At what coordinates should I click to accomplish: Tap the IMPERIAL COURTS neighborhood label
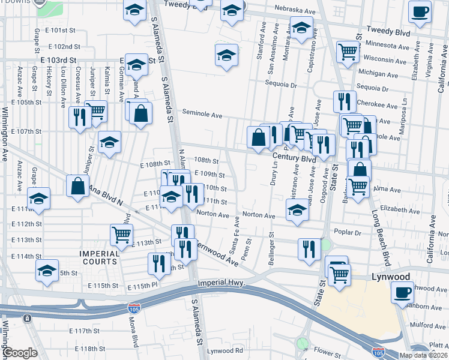[x=100, y=257]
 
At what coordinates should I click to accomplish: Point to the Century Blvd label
[x=294, y=159]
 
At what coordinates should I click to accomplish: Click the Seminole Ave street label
[x=203, y=115]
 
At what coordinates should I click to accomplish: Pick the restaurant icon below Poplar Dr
[x=309, y=247]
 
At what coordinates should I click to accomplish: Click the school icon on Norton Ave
[x=297, y=210]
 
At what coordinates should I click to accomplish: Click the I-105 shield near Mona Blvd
[x=133, y=308]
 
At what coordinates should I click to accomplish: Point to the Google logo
[x=19, y=353]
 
